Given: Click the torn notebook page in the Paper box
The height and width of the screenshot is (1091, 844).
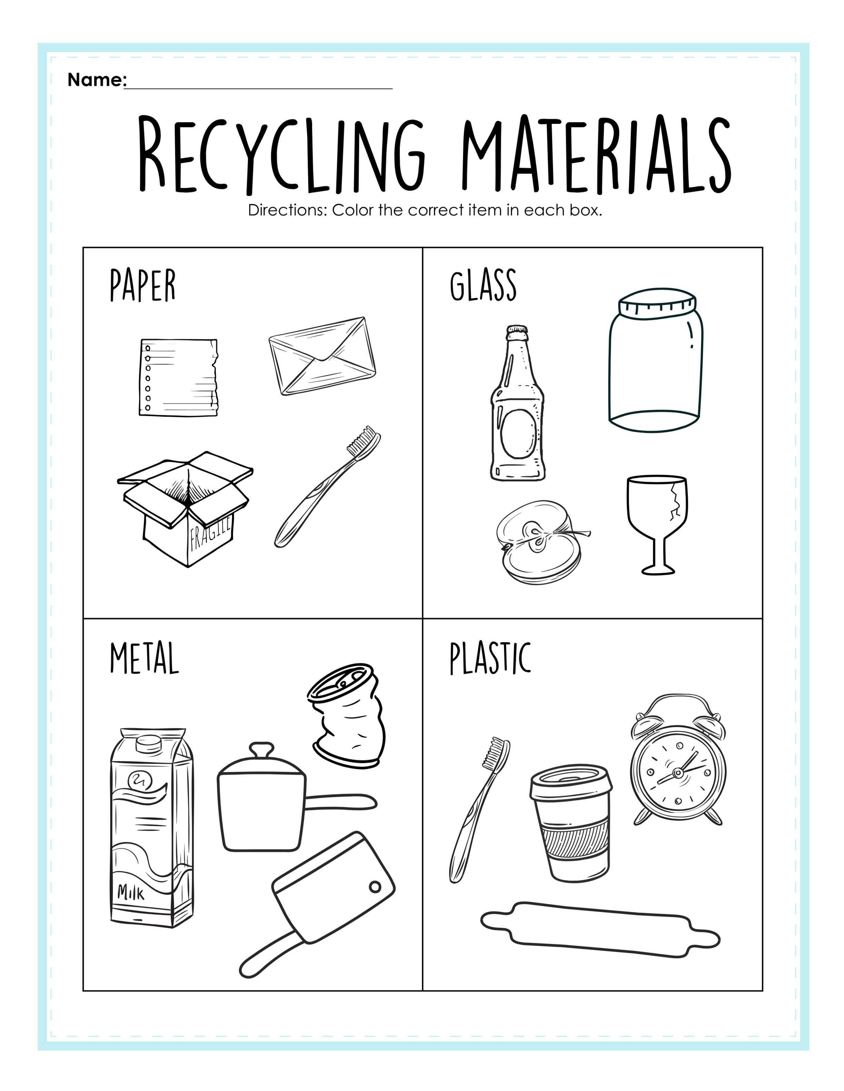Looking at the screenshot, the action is click(179, 377).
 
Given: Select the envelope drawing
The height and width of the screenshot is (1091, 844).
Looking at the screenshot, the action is click(322, 356).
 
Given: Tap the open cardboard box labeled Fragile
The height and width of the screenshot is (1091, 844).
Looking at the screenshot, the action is click(185, 509).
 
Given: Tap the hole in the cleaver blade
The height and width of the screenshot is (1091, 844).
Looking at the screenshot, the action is click(374, 887).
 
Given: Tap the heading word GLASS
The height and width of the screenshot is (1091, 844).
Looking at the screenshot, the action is click(483, 285).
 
